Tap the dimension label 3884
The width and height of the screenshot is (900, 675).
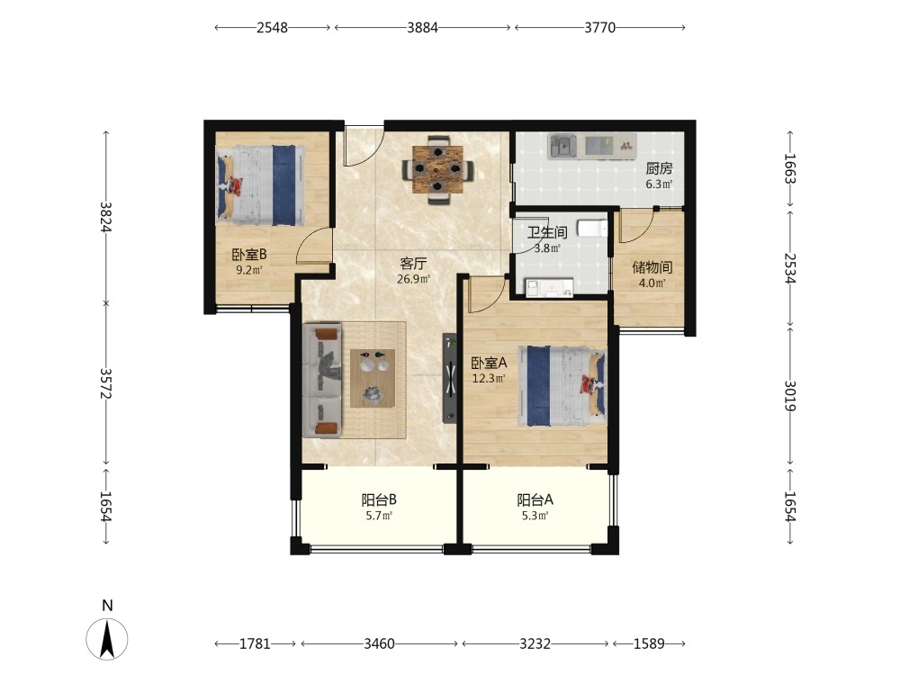point(422,28)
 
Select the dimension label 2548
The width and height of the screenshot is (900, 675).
point(272,28)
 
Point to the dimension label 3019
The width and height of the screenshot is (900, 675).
point(790,396)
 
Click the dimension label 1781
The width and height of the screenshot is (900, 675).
point(255,644)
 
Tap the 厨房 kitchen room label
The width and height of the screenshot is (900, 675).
point(659,168)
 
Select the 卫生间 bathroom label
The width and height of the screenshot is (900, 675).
point(547,232)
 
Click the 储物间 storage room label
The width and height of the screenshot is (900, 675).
point(652,267)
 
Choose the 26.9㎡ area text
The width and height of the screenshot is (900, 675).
point(413,280)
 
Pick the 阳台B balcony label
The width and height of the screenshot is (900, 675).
point(379,499)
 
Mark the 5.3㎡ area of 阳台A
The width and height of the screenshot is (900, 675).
point(535,516)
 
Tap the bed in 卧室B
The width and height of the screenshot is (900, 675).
point(259,184)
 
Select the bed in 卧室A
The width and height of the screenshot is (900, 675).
point(562,386)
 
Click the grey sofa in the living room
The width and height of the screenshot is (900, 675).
point(322,380)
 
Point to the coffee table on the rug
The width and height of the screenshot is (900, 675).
point(373,378)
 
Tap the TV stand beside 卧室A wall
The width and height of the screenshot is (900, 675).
point(449,379)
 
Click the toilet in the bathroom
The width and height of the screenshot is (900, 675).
point(592,229)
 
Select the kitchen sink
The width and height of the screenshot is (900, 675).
point(562,147)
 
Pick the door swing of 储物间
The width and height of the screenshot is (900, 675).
point(637,226)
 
